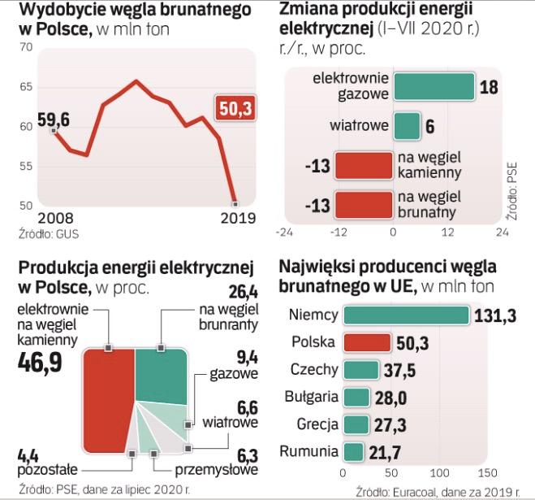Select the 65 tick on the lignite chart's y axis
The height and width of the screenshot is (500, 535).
[25, 87]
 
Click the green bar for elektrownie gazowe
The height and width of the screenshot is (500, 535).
[434, 87]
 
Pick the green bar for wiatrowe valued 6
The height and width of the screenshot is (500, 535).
[407, 126]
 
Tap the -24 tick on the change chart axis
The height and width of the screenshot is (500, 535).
[284, 232]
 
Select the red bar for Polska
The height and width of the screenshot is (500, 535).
[368, 343]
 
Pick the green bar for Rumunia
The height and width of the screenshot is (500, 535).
[354, 451]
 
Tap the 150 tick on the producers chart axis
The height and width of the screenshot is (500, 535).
[486, 472]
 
